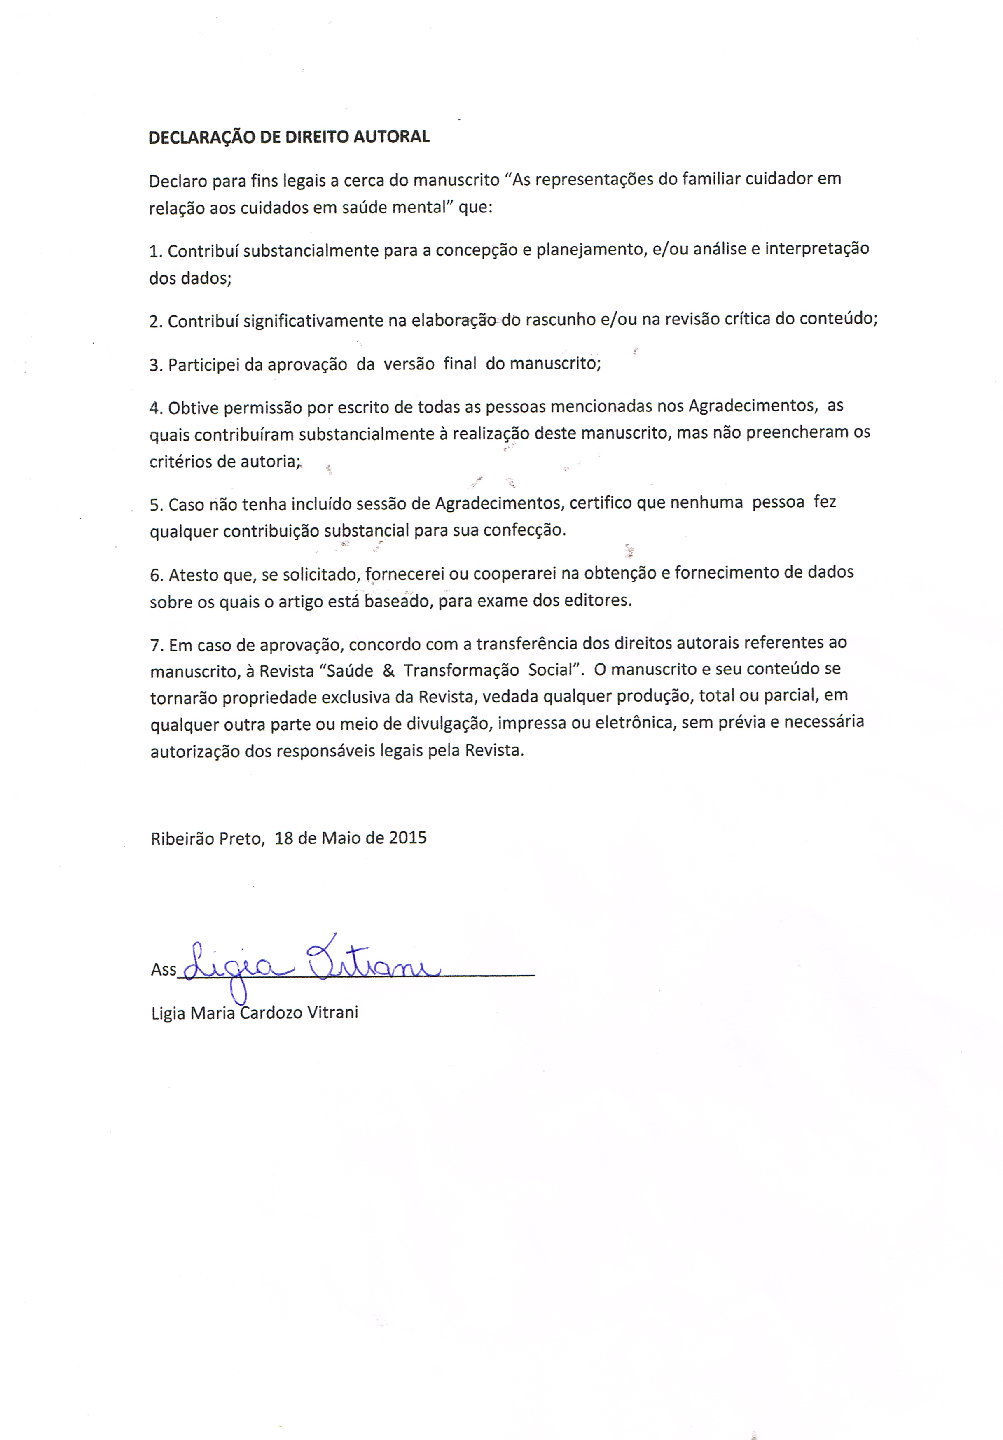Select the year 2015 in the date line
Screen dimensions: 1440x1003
(408, 838)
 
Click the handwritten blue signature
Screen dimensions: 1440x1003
(307, 966)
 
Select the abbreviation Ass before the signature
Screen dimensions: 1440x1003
(163, 970)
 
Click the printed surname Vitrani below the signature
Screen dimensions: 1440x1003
(332, 1012)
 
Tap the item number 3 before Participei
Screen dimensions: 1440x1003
(155, 365)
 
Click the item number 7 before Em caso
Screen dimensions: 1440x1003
(156, 645)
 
